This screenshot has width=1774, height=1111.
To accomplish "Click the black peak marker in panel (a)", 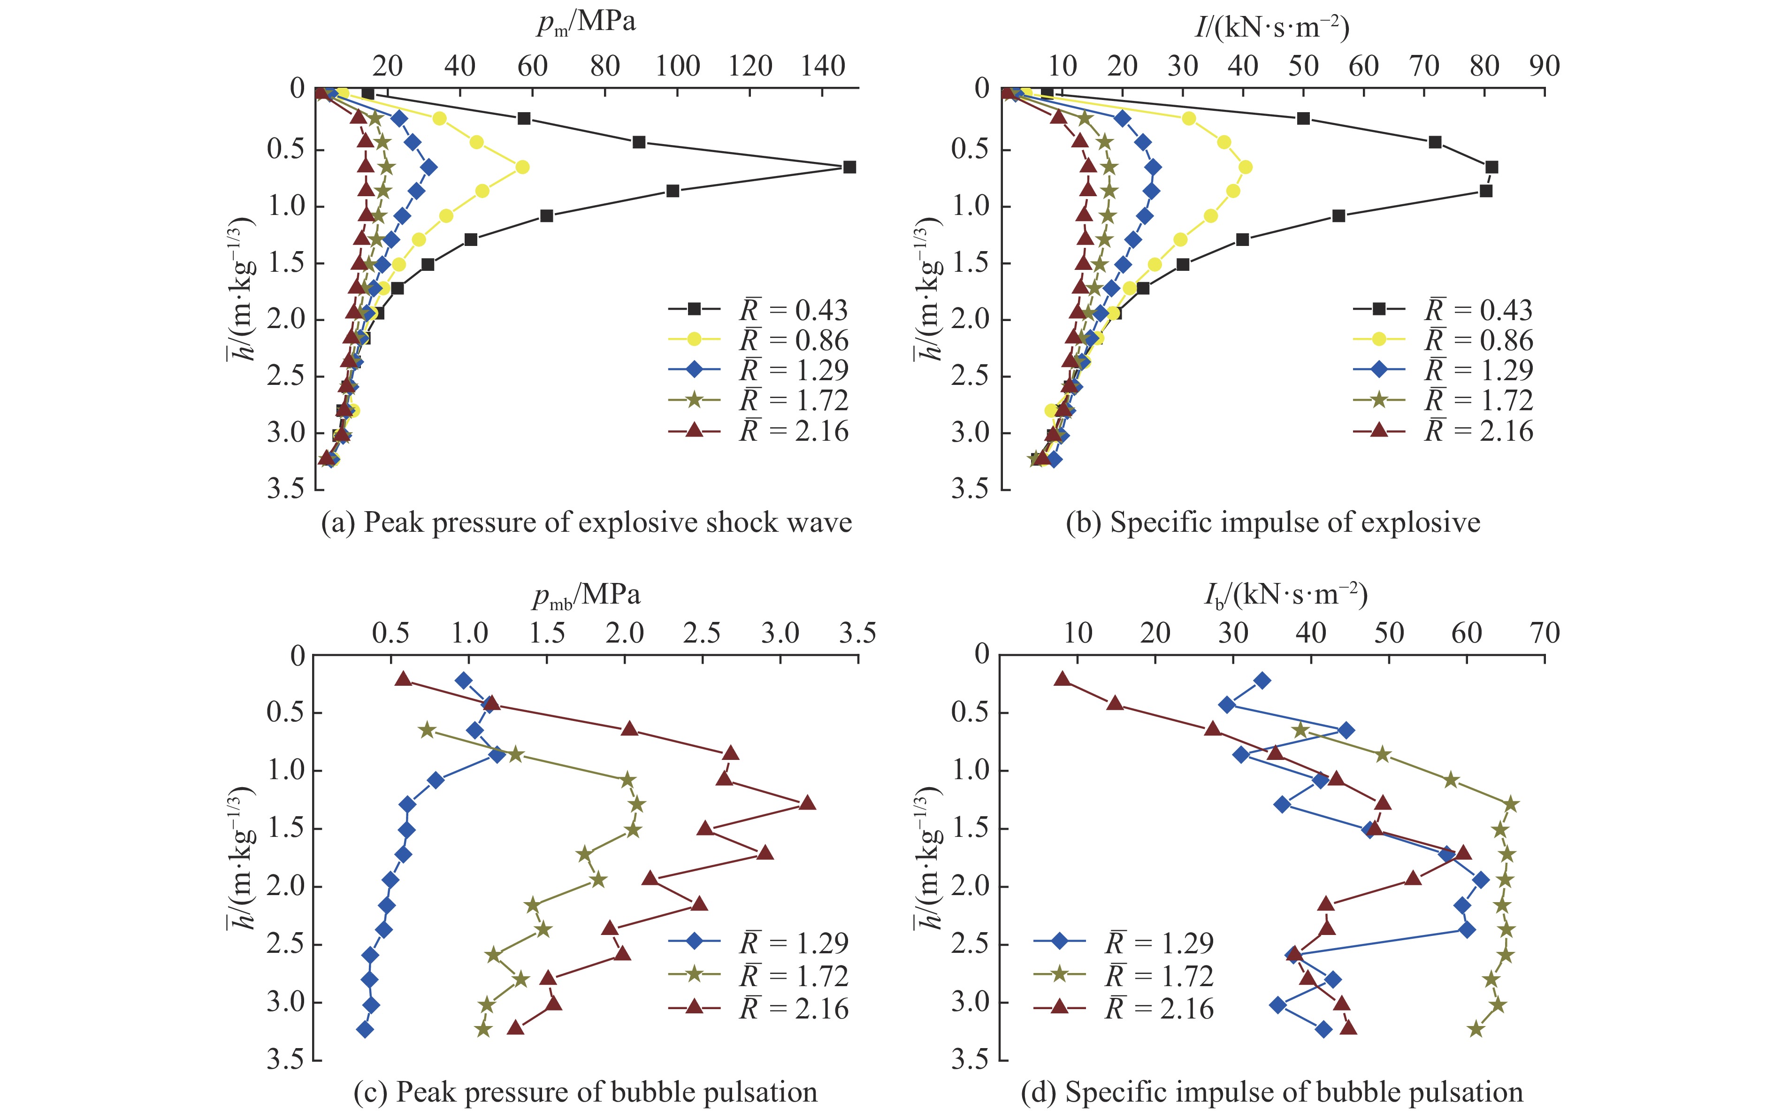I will click(849, 167).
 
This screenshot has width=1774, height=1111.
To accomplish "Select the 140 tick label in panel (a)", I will click(823, 67).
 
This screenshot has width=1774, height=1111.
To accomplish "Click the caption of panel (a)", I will click(586, 522).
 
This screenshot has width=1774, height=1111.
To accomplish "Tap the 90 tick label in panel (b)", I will click(1544, 67).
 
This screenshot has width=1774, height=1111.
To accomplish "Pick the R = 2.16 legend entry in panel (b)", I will click(1444, 430).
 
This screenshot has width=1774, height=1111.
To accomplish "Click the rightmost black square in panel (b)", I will click(1491, 167).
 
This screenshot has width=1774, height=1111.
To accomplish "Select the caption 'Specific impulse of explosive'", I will click(1273, 522).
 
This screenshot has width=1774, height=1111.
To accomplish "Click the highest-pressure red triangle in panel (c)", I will click(807, 803).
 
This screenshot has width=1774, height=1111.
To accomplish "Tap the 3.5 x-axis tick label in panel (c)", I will click(857, 633).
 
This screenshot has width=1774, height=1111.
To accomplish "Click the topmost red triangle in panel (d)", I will click(1062, 680).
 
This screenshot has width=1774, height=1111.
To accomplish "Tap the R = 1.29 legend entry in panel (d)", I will click(1124, 943).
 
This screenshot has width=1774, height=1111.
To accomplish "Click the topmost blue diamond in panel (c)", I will click(464, 681).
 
